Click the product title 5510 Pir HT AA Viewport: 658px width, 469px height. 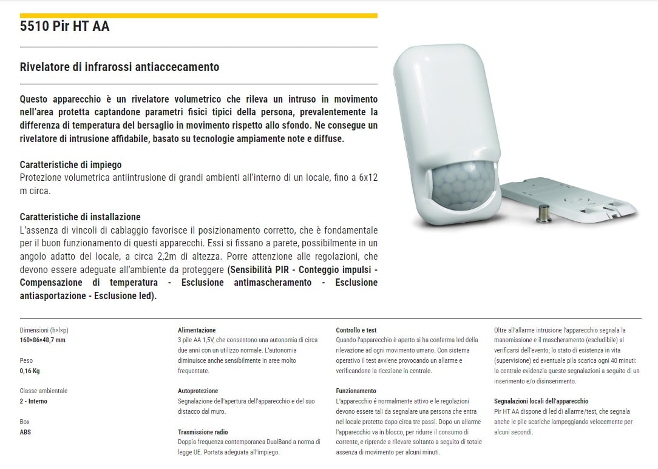click(64, 27)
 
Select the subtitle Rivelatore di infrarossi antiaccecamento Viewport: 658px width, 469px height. click(120, 67)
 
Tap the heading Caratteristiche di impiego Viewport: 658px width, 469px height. click(70, 164)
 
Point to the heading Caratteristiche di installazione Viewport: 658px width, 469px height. click(80, 217)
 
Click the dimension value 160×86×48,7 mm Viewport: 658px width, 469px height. click(42, 340)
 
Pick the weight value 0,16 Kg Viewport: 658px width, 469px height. click(30, 371)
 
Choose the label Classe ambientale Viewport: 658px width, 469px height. click(43, 391)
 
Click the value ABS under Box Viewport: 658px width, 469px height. click(25, 432)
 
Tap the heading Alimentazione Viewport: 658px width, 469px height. click(197, 330)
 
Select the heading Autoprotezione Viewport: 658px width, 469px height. click(198, 391)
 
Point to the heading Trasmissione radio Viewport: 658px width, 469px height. click(203, 432)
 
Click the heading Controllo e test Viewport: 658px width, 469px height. click(356, 330)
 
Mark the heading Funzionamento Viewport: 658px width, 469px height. click(356, 391)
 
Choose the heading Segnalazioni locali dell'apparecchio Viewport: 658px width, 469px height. click(541, 402)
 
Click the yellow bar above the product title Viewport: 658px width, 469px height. click(198, 16)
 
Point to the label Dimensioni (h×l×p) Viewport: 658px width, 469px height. click(44, 330)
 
